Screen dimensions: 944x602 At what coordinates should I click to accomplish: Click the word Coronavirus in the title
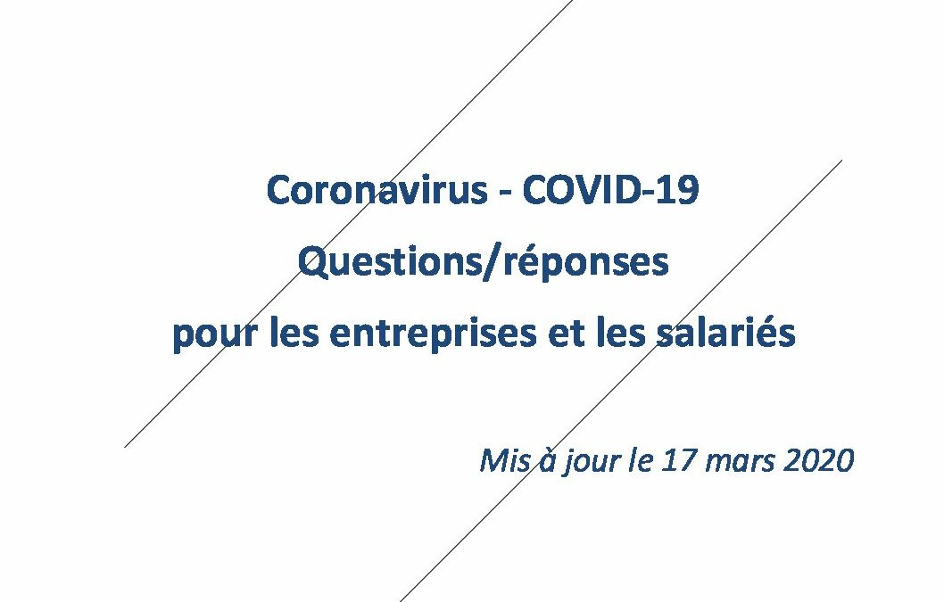point(377,190)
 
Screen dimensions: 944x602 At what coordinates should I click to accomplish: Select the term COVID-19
point(610,190)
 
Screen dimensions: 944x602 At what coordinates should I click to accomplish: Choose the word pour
point(214,334)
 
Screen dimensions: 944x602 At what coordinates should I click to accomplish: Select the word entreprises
point(432,334)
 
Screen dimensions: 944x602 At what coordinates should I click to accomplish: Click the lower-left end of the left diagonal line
point(125,447)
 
